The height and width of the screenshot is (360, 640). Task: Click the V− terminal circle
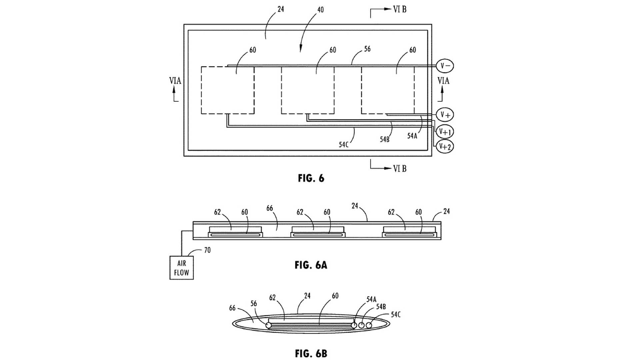point(445,66)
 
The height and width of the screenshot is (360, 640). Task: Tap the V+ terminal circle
point(445,115)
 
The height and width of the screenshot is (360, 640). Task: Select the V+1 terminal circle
point(445,132)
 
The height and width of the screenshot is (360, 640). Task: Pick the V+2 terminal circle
point(445,146)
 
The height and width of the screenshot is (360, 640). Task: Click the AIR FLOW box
point(181,268)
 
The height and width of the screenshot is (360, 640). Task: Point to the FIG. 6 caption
point(311,178)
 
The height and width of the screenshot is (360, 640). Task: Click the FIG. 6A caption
point(311,265)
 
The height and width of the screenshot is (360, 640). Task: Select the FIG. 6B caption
point(311,353)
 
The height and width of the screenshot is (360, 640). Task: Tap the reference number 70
point(207,250)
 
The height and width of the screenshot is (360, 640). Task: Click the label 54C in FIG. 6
point(344,145)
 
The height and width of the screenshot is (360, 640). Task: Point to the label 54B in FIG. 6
point(385,139)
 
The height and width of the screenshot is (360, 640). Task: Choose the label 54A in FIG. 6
point(412,136)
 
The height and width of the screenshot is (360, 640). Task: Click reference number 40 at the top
point(320,10)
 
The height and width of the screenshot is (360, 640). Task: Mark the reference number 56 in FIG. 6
point(367,49)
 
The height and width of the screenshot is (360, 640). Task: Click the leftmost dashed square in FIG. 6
point(228,90)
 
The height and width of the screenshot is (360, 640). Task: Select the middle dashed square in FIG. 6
point(308,90)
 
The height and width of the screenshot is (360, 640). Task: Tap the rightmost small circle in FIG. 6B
point(369,325)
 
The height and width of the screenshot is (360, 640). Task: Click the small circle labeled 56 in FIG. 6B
point(268,325)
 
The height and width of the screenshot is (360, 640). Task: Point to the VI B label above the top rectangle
point(400,9)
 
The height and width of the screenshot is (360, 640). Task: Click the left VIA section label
point(175,81)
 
